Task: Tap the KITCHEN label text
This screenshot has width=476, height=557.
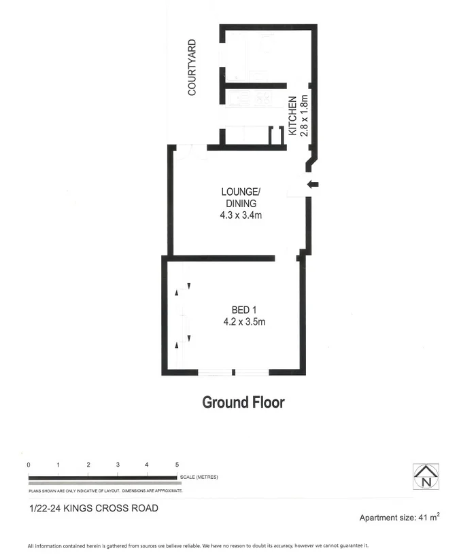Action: point(292,115)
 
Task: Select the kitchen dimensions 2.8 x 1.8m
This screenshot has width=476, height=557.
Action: point(305,115)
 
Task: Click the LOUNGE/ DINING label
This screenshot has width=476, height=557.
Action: point(241,198)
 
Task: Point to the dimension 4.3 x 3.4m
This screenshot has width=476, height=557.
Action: point(241,216)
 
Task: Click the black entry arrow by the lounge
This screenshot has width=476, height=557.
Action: point(313,184)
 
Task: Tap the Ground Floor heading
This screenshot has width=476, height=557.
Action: point(243,401)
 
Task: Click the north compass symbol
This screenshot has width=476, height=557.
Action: point(426,475)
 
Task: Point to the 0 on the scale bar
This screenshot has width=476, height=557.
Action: point(29,465)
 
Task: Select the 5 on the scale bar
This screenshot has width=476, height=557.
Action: point(177,465)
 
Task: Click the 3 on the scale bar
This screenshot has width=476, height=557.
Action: point(118,465)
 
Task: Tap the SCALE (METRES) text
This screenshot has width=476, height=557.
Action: point(199,478)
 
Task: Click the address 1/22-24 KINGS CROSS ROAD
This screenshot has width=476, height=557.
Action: point(94,508)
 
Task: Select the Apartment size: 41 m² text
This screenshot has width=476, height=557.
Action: point(399,518)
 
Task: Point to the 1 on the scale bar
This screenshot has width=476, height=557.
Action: point(58,465)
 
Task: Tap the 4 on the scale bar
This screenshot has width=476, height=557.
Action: point(148,465)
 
